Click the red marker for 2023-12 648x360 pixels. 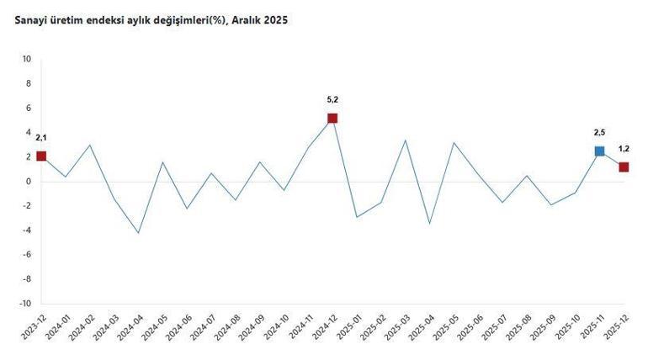tap(41, 156)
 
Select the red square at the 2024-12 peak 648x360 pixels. tap(332, 118)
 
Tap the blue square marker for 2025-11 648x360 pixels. tap(599, 151)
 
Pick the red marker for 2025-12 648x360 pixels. tap(624, 167)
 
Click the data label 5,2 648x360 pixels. tap(332, 99)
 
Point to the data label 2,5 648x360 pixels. tap(599, 132)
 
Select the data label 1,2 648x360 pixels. tap(624, 148)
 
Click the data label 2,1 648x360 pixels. tap(41, 137)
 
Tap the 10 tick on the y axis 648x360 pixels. tap(27, 59)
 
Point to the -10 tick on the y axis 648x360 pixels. tap(25, 304)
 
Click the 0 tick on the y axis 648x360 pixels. tap(29, 182)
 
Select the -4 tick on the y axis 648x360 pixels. tap(27, 230)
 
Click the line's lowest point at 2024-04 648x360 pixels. tap(138, 233)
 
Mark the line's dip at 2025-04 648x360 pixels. tap(429, 224)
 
